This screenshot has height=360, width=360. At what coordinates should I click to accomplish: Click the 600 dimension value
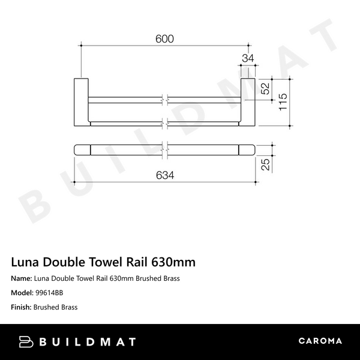pyautogui.click(x=164, y=38)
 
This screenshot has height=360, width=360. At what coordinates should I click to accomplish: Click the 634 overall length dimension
pyautogui.click(x=164, y=175)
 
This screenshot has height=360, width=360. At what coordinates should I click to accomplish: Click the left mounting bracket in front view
pyautogui.click(x=81, y=102)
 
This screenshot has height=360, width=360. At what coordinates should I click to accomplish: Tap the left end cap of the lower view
pyautogui.click(x=82, y=149)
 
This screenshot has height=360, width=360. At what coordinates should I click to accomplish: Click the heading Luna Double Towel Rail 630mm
pyautogui.click(x=103, y=262)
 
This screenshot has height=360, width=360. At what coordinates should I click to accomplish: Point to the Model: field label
pyautogui.click(x=22, y=293)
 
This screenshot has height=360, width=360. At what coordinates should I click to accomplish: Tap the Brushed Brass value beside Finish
pyautogui.click(x=56, y=307)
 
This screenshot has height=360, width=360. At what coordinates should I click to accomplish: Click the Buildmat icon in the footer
pyautogui.click(x=28, y=341)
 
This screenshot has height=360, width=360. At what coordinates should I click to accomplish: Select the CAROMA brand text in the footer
pyautogui.click(x=320, y=341)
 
